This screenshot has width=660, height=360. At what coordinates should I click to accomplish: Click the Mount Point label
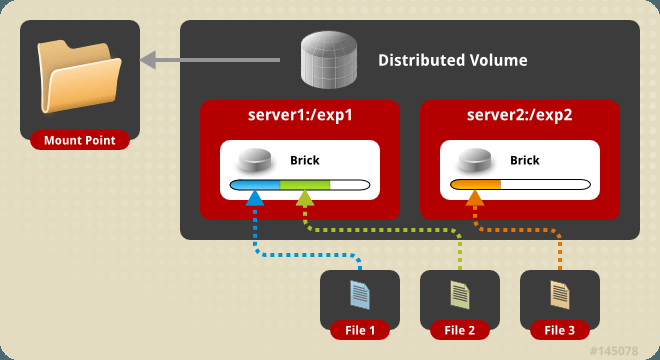click(x=80, y=140)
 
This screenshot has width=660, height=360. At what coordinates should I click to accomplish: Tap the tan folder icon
click(x=79, y=77)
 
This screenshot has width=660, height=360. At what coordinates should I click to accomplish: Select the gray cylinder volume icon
click(x=329, y=60)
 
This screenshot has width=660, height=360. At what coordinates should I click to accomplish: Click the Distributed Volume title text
click(x=452, y=60)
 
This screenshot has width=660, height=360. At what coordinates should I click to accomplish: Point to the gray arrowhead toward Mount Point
click(x=148, y=60)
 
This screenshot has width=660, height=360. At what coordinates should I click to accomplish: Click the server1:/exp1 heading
click(x=300, y=115)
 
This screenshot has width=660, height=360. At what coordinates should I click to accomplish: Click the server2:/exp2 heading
click(x=519, y=115)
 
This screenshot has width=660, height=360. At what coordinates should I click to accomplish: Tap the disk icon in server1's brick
click(x=255, y=160)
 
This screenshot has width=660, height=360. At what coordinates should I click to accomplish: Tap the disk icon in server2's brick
click(x=475, y=160)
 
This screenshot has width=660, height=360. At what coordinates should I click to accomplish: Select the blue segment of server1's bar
click(x=255, y=185)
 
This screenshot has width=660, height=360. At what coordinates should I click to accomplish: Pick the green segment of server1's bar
click(x=305, y=185)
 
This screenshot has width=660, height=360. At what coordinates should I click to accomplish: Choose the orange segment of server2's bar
click(x=476, y=184)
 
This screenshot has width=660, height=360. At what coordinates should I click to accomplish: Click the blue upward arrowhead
click(x=255, y=198)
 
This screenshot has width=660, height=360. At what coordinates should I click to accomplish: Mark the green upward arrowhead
click(x=305, y=198)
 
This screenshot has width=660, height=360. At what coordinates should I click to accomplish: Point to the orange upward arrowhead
click(x=475, y=198)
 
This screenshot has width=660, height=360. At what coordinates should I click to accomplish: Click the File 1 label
click(x=360, y=331)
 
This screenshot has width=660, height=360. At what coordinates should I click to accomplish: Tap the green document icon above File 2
click(x=460, y=295)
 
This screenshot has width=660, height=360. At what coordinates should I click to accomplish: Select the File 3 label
click(x=559, y=331)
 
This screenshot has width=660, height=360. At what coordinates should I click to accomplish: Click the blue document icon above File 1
click(x=360, y=295)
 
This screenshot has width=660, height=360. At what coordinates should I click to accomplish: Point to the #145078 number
click(x=614, y=351)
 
